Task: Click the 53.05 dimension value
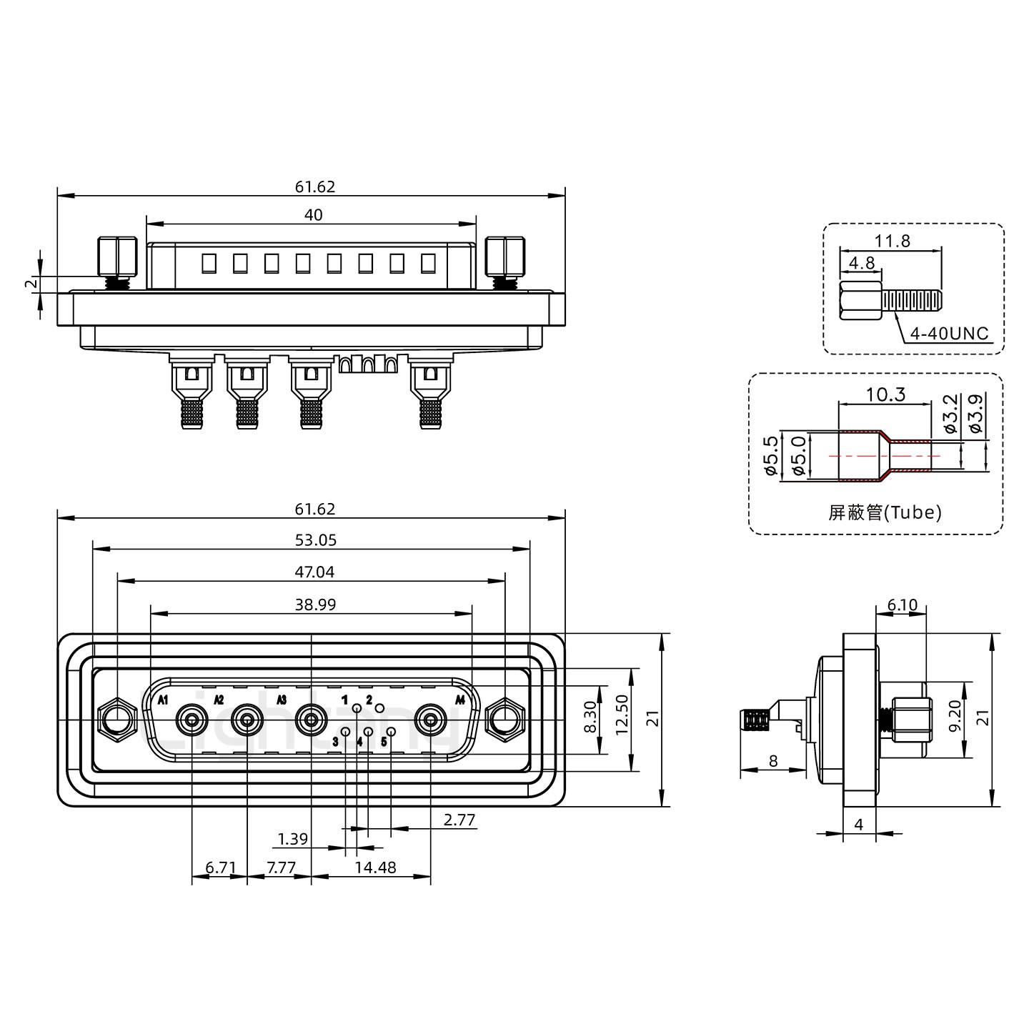point(315,540)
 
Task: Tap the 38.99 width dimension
point(315,605)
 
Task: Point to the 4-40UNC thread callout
point(949,334)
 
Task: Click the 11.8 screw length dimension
point(893,242)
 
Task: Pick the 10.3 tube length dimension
point(885,394)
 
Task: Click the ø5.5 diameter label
point(770,455)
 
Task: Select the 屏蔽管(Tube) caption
point(885,512)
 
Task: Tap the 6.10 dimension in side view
point(902,605)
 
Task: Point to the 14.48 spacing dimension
point(374,868)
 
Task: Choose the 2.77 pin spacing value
point(459,820)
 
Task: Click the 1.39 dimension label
point(292,839)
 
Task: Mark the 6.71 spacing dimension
point(220,868)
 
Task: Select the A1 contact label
point(163,699)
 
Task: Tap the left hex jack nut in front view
point(116,719)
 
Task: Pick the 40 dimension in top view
point(313,214)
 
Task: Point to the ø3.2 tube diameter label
point(950,415)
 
